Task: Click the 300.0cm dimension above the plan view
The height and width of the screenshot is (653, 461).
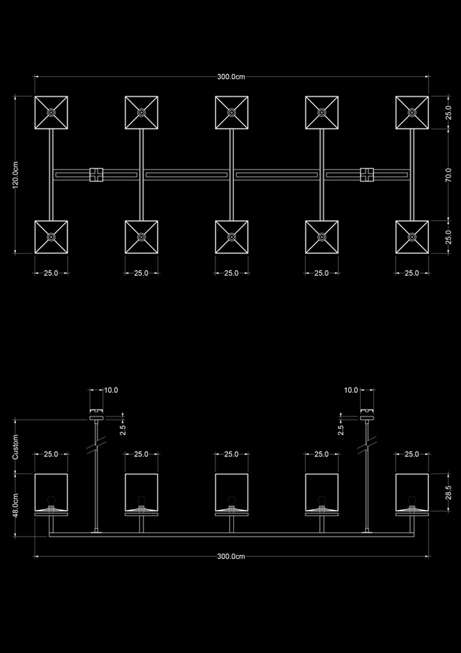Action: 231,76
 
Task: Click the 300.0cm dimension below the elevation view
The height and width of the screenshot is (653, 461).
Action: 231,556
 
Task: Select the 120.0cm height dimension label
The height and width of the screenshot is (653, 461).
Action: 15,175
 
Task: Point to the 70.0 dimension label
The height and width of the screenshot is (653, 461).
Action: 448,175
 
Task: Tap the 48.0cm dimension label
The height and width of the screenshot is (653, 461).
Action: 15,505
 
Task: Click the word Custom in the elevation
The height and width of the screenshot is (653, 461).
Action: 15,447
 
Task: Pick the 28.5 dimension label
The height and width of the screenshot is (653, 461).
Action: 448,493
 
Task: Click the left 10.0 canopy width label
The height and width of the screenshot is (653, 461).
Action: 111,390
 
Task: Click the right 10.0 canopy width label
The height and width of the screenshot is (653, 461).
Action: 351,390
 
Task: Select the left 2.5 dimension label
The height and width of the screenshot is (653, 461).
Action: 123,430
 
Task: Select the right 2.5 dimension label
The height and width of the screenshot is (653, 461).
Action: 341,430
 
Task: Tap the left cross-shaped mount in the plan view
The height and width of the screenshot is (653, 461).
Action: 96,175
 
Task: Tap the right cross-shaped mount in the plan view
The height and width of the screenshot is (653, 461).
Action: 367,175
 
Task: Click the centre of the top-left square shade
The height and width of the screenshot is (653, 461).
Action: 51,113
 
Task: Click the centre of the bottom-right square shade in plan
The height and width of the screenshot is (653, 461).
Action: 412,237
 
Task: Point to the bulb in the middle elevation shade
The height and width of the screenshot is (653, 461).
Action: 231,501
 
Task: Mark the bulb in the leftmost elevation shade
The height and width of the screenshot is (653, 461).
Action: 51,501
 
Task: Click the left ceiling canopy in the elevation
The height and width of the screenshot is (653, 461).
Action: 96,417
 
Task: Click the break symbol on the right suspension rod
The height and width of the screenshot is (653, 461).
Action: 367,445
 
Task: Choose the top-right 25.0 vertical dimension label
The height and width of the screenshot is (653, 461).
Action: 448,113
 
